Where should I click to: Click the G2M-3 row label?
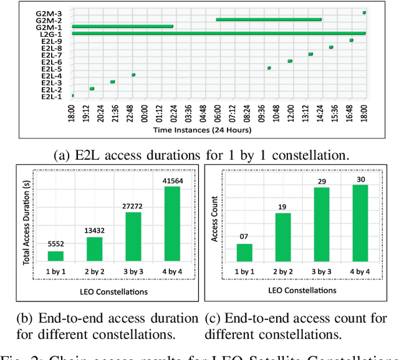pos(52,13)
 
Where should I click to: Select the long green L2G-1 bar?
pos(218,33)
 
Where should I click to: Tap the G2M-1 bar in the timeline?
pos(122,26)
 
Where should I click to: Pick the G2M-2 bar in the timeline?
pos(269,19)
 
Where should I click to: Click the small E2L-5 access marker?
pos(269,68)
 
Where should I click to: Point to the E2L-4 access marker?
pos(133,75)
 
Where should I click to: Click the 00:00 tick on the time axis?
pos(145,115)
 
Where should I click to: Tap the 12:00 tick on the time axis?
pos(291,115)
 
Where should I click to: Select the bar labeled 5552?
pos(55,255)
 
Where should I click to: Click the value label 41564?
pos(171,180)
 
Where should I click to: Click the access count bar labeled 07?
pos(244,252)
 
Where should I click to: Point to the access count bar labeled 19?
pos(282,236)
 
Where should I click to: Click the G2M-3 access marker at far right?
pos(364,12)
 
